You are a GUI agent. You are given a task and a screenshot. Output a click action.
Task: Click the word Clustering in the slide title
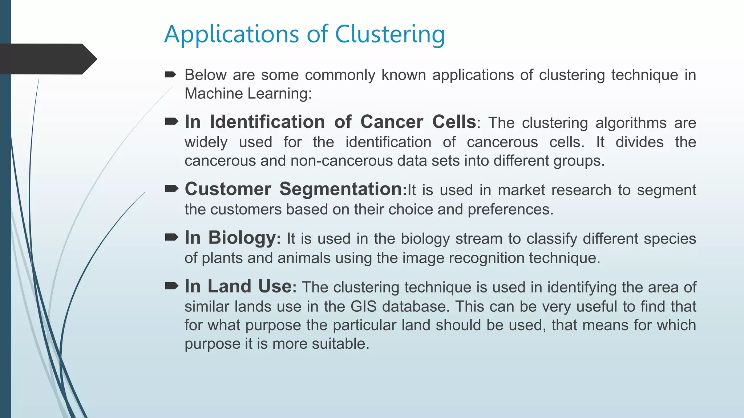coord(389,34)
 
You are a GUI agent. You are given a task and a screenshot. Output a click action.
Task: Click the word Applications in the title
coord(231,34)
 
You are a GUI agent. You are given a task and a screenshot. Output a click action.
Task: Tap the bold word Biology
coord(242,238)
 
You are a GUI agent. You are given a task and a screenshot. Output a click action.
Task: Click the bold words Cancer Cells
coord(418,122)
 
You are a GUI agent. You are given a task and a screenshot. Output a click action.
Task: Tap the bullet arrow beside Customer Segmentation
coord(171,188)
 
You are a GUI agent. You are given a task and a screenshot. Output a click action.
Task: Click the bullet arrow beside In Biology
coord(171,237)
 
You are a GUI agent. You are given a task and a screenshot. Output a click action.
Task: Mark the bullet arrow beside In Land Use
coord(171,286)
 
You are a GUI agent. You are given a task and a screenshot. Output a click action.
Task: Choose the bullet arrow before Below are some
coord(170,75)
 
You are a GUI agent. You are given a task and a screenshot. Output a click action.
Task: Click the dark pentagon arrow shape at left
coord(48,59)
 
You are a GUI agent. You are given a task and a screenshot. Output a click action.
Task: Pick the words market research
coord(554,190)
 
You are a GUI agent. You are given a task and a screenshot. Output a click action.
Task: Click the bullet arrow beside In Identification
coord(171,122)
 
